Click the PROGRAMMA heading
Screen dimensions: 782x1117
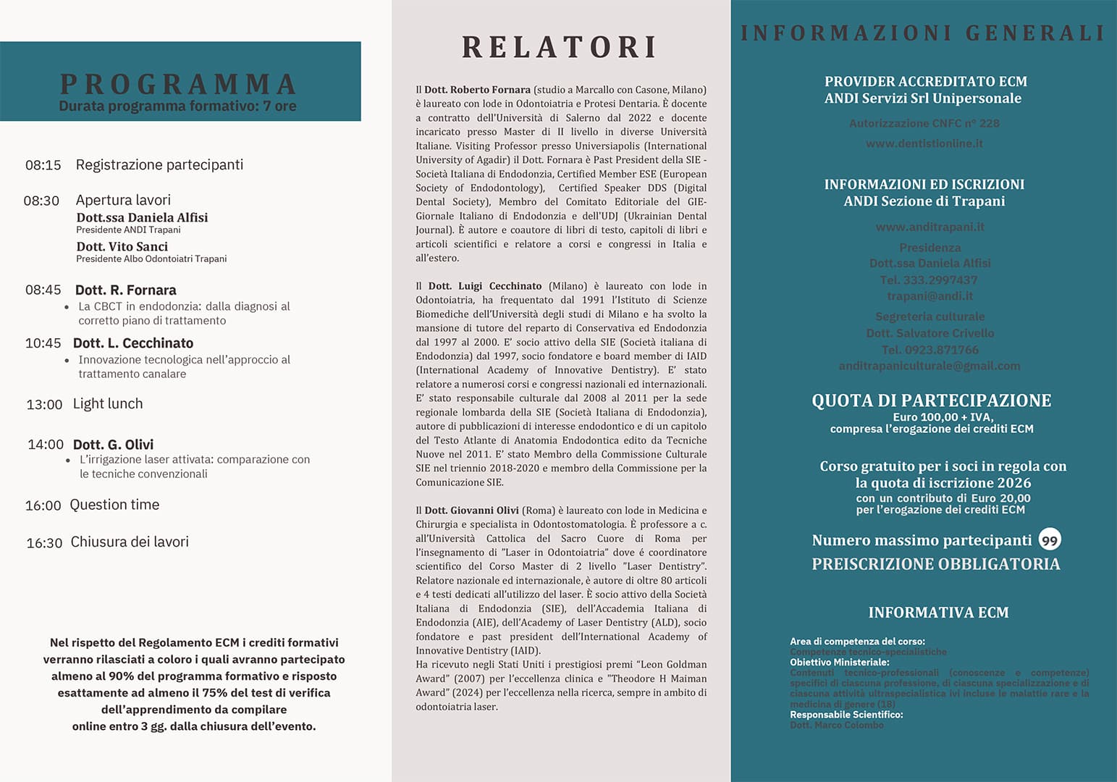[x=179, y=84]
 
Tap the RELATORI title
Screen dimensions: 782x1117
[x=560, y=47]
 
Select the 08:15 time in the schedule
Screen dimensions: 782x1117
[x=43, y=165]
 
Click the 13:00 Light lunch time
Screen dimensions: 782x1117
[x=44, y=405]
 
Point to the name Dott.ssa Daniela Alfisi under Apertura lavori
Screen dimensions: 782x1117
[x=142, y=217]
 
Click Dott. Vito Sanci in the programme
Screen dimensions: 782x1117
[x=122, y=247]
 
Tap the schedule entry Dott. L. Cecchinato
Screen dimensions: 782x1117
[x=133, y=343]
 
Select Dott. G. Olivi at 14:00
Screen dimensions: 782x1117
[x=113, y=445]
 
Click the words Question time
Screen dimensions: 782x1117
[x=114, y=505]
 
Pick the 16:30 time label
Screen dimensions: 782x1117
[x=44, y=543]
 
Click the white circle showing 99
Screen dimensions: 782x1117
[x=1049, y=540]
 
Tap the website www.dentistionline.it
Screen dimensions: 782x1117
[x=924, y=143]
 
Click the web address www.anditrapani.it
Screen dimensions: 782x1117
[x=930, y=227]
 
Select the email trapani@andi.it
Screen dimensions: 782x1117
[x=930, y=296]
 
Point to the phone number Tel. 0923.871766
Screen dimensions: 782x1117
[x=930, y=350]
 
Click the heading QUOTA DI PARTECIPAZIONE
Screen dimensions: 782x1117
[x=931, y=400]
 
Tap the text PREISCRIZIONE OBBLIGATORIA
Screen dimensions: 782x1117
[x=935, y=564]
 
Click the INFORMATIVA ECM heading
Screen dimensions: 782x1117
[x=938, y=613]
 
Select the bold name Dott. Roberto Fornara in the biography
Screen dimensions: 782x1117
[x=477, y=90]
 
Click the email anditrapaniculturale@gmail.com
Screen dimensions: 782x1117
[x=930, y=366]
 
